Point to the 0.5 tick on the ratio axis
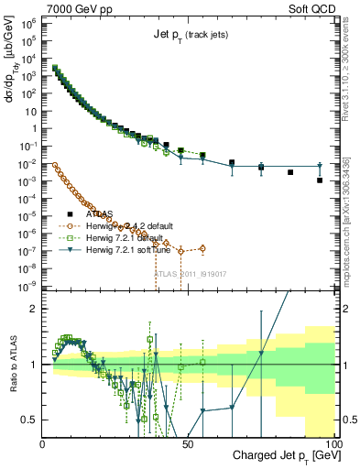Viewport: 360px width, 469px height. [x=31, y=419]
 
